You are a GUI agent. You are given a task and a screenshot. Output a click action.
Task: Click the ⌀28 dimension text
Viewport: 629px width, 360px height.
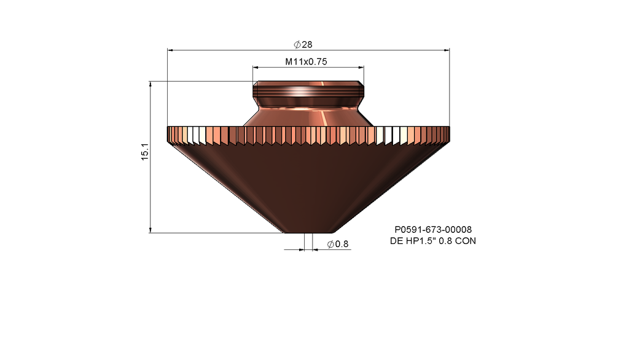click(x=303, y=44)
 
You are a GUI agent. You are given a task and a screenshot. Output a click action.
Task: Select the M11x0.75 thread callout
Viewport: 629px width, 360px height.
click(x=305, y=62)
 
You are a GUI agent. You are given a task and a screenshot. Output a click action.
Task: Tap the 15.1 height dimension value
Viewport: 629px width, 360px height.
click(x=145, y=152)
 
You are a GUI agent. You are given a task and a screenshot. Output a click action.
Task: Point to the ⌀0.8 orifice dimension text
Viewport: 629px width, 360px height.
click(x=338, y=245)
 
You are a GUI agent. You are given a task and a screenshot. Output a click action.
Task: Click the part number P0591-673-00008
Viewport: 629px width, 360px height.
click(x=432, y=230)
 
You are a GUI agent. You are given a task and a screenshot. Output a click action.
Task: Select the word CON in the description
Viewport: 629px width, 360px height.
click(x=464, y=241)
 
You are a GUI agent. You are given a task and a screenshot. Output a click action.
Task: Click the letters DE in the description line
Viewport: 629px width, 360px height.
click(x=397, y=241)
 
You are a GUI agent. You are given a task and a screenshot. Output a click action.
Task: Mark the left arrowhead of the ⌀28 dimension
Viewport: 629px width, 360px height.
click(x=170, y=50)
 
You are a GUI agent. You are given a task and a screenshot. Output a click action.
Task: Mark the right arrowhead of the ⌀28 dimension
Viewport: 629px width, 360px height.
click(x=447, y=50)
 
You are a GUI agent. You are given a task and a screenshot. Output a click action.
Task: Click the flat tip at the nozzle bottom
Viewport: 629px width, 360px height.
click(x=308, y=232)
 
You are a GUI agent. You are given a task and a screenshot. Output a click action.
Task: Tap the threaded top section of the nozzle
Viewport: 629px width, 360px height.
click(x=307, y=93)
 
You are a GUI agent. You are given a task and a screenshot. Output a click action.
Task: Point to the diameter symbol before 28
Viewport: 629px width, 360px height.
click(x=297, y=44)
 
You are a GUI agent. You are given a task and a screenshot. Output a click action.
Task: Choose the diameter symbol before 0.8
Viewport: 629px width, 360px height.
click(x=330, y=245)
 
